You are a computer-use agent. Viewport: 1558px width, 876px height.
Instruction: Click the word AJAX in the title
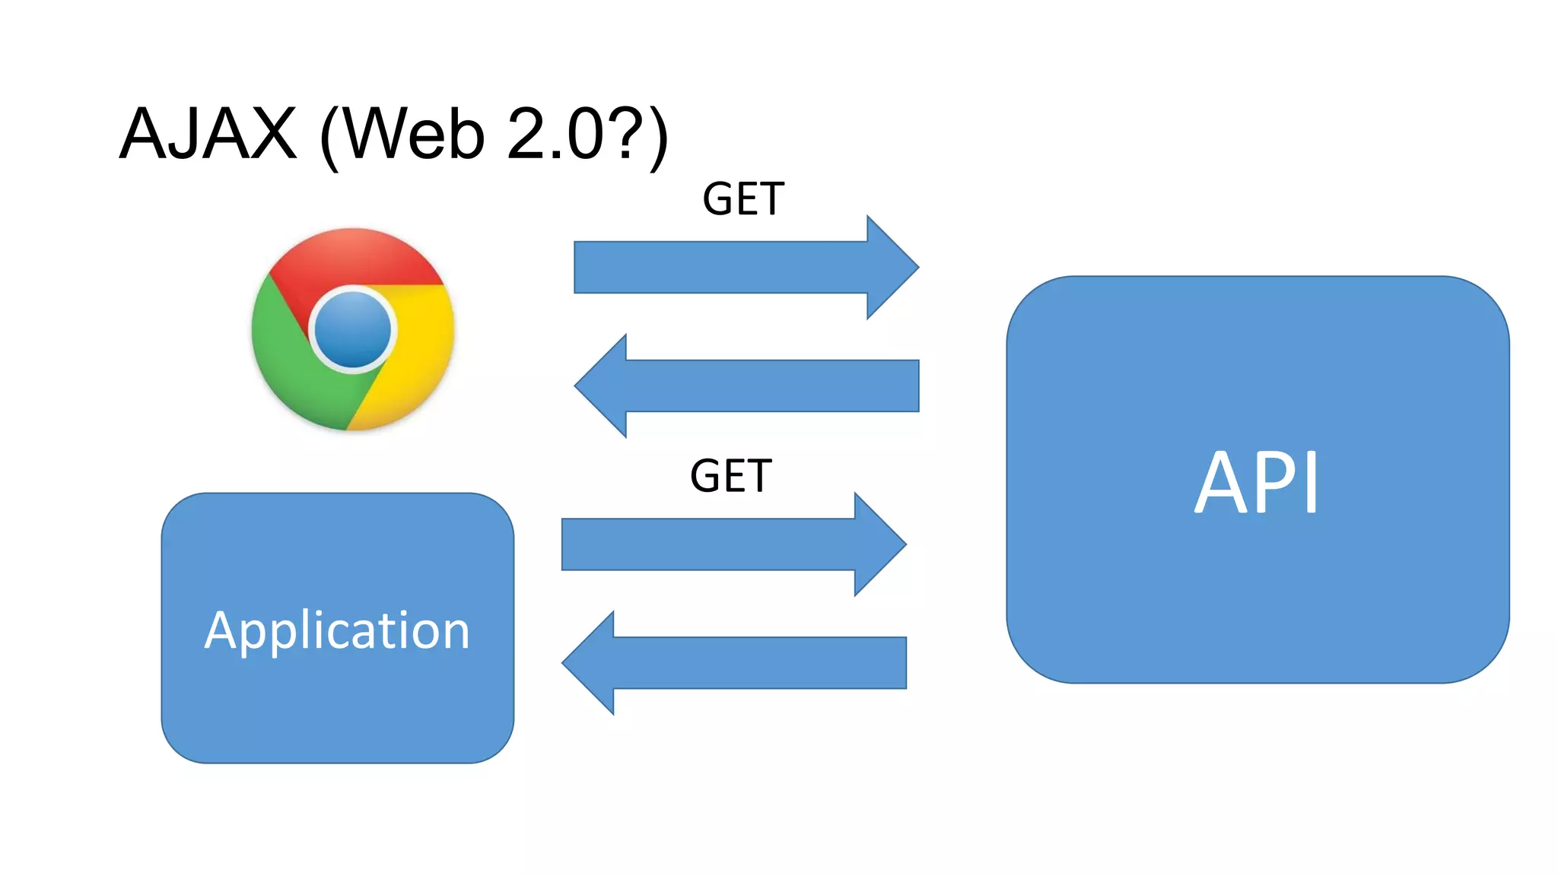208,134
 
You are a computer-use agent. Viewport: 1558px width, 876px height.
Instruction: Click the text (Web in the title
403,135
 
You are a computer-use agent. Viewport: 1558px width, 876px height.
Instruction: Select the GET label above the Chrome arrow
742,199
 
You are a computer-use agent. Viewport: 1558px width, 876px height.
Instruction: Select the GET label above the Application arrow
730,476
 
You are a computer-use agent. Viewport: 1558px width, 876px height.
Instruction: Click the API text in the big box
1257,482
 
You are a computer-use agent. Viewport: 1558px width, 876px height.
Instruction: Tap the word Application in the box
337,631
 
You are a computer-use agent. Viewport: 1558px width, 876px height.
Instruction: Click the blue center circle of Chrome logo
353,330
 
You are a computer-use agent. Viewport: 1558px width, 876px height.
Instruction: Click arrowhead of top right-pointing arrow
892,268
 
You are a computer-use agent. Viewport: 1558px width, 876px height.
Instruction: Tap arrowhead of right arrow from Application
879,544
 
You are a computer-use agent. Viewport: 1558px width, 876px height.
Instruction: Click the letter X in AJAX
268,134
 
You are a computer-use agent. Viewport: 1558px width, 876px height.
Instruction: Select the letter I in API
1312,482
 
